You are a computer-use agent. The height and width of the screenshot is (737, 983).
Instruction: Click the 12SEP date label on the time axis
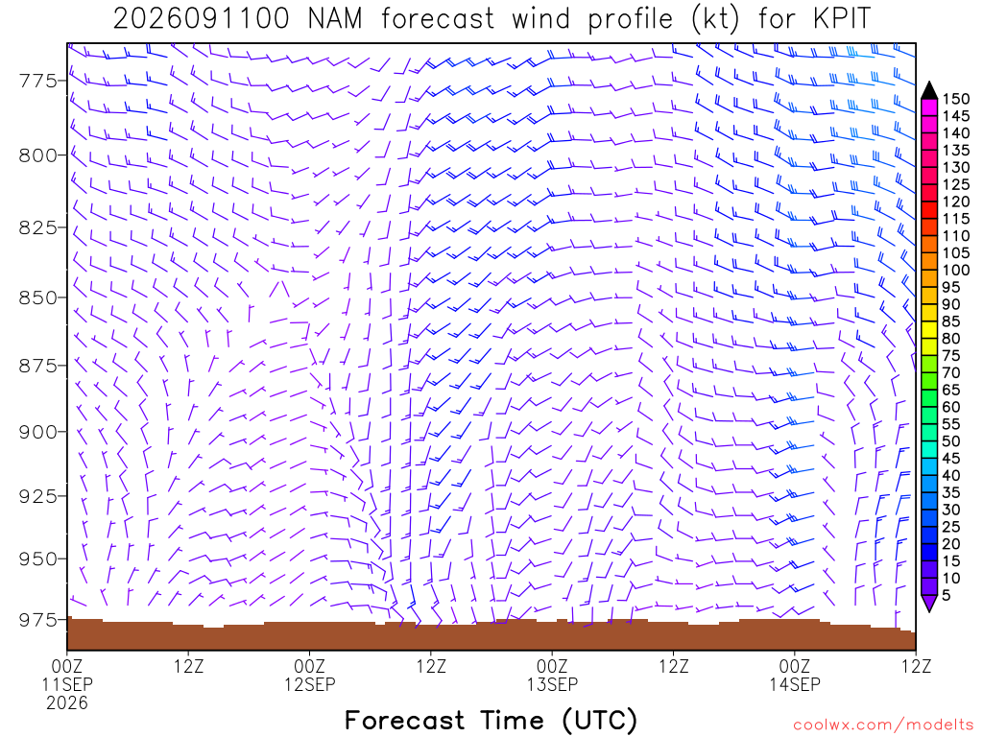tap(310, 684)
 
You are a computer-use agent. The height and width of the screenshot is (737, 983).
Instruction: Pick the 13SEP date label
tap(552, 684)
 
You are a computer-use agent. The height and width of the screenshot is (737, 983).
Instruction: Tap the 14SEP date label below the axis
tap(794, 684)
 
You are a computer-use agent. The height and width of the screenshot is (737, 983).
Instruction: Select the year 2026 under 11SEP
tap(67, 703)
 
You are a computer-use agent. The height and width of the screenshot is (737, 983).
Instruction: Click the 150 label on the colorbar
tap(956, 99)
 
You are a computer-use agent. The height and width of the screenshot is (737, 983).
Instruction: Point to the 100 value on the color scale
tap(956, 270)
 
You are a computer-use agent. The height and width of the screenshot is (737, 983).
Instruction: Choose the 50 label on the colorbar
tap(951, 441)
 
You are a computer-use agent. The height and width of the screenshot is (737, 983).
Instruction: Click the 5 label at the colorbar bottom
tap(947, 595)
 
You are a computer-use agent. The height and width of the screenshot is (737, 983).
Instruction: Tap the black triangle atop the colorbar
tap(929, 91)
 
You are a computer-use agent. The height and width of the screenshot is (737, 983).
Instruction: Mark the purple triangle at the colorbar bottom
tap(929, 603)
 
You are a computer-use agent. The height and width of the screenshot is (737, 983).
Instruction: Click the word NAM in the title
tap(335, 18)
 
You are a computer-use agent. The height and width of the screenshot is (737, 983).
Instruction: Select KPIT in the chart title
tap(842, 18)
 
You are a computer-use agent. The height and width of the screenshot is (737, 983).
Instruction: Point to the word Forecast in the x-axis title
tap(404, 720)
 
